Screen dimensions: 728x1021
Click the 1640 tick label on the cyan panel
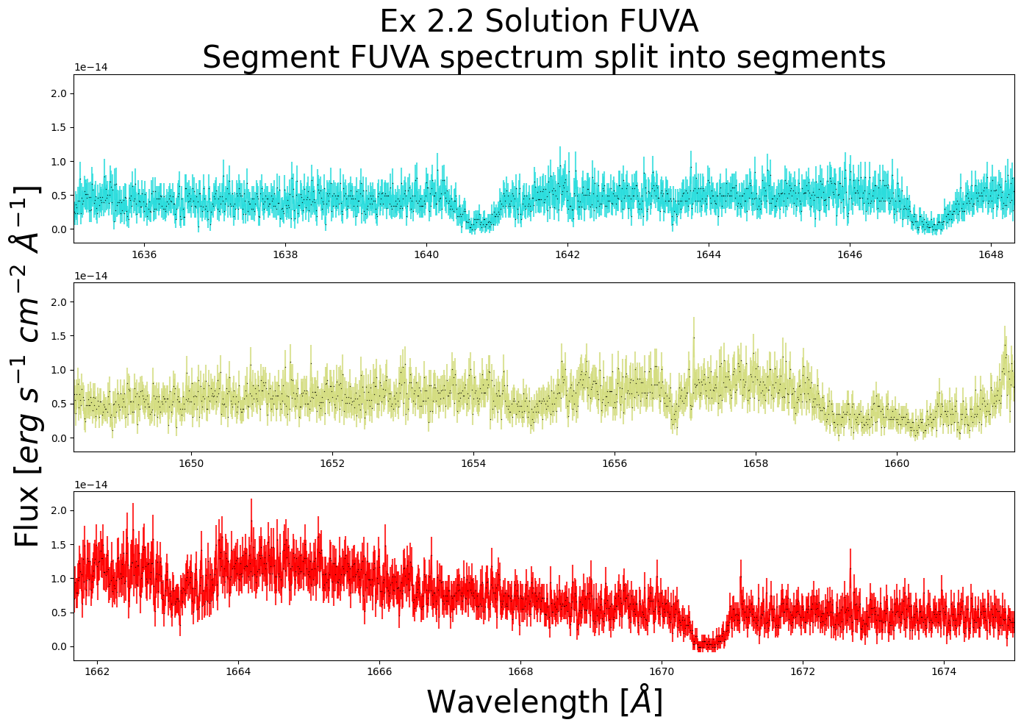426,255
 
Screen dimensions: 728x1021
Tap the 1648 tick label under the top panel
991,255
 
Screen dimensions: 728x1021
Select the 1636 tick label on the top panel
144,255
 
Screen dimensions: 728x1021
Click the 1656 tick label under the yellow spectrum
615,464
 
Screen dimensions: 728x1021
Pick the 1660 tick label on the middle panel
897,464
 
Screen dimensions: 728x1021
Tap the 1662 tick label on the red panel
97,671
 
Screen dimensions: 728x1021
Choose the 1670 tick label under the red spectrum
662,671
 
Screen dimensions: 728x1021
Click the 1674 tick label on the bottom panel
944,671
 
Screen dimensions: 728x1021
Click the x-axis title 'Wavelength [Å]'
545,702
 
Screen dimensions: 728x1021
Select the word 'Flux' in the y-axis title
28,524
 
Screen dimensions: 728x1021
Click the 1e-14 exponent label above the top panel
90,68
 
